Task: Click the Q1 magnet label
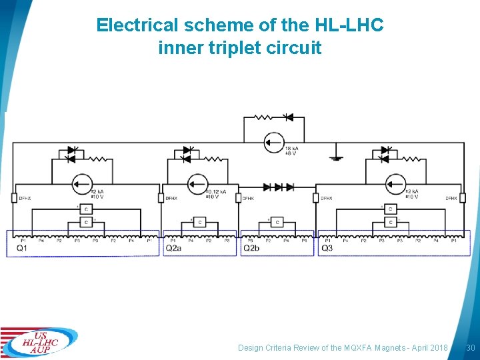(x=22, y=249)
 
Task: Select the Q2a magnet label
(x=173, y=249)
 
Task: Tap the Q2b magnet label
(x=251, y=249)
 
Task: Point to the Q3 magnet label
(x=327, y=249)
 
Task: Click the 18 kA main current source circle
(x=273, y=143)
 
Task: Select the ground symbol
(x=336, y=158)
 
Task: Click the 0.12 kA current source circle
(x=197, y=184)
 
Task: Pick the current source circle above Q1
(x=82, y=184)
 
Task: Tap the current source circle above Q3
(x=396, y=184)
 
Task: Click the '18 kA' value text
(x=291, y=148)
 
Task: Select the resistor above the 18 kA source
(x=263, y=117)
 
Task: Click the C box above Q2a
(x=199, y=222)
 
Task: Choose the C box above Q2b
(x=277, y=222)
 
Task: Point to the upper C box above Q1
(x=86, y=209)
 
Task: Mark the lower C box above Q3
(x=390, y=222)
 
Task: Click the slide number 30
(x=470, y=348)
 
